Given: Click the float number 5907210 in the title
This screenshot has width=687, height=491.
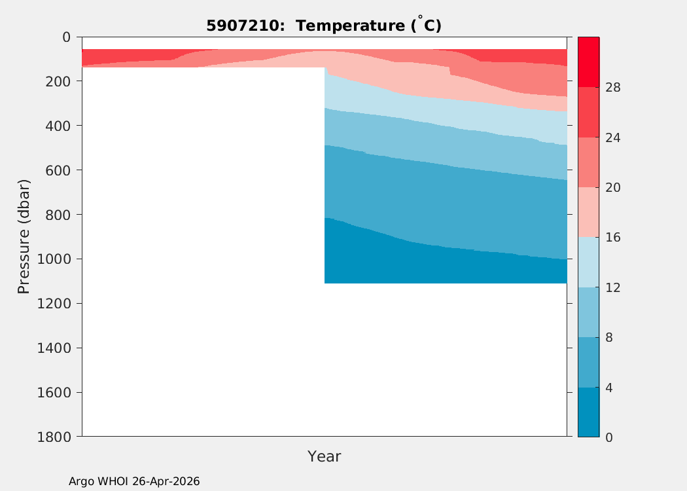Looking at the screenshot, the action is pos(242,26).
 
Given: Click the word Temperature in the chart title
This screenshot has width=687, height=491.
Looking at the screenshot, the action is pos(351,26).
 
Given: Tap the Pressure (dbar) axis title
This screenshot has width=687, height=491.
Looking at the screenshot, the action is pos(24,237).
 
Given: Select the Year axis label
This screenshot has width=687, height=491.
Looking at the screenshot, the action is pos(325,456).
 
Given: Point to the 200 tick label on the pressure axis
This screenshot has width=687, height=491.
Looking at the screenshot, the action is pos(58,82).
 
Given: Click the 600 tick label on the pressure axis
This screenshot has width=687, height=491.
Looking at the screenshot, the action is pos(58,170).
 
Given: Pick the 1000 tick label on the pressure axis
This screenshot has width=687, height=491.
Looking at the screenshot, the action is pos(54,259).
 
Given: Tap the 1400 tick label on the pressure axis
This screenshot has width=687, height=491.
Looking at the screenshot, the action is pos(54,348).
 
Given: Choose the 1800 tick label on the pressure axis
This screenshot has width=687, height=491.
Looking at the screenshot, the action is pos(54,437).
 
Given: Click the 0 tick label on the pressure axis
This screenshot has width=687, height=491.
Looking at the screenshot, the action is pos(66,37).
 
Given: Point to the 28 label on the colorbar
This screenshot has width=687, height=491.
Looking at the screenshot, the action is pos(613,88).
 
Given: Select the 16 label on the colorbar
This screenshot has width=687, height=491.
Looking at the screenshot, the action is pos(613,238).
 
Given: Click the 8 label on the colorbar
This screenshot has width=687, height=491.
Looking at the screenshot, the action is pos(609,338).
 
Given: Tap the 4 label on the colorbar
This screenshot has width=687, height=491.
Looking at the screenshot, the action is pos(609,388).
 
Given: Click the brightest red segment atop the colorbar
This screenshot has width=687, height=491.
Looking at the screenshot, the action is pos(588,62).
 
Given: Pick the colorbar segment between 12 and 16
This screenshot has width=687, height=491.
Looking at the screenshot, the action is pos(588,262).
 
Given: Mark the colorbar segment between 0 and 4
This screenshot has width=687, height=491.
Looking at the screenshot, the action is pos(588,412).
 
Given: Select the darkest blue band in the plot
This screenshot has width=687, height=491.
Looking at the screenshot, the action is pos(446,263).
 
